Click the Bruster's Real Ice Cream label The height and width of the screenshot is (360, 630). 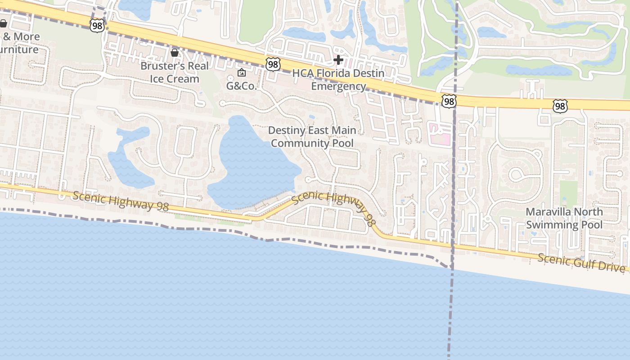175,72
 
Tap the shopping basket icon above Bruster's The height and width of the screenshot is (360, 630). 175,53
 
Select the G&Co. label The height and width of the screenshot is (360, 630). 241,85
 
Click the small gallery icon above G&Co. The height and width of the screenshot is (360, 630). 242,72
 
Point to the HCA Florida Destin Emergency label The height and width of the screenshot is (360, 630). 338,80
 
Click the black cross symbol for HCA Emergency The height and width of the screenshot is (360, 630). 338,60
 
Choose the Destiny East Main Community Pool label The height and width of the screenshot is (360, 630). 312,137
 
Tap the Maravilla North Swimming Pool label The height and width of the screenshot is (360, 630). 564,218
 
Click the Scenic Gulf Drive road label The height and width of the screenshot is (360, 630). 581,262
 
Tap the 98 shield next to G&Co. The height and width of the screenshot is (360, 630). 273,64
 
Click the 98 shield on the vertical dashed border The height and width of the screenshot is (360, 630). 449,101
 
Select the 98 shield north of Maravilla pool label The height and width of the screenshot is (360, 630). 560,106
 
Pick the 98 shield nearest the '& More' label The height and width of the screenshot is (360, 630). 97,26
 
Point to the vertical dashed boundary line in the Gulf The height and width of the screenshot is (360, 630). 450,315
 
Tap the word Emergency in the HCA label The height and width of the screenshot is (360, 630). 338,86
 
